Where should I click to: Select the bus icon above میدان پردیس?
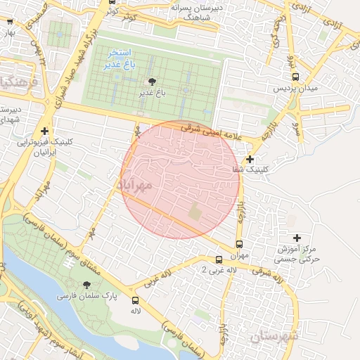(x=295, y=77)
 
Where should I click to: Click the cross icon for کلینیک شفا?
(x=250, y=159)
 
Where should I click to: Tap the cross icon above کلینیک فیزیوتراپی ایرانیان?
(x=46, y=131)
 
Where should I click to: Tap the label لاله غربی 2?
(x=194, y=270)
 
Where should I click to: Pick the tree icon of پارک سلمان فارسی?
(x=86, y=285)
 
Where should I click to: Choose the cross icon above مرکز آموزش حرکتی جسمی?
(x=296, y=238)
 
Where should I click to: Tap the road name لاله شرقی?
(x=270, y=275)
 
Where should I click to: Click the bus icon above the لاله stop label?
(x=135, y=300)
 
